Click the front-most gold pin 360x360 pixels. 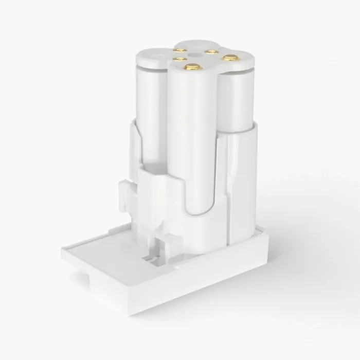point(192,66)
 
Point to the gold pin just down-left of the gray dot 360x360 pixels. point(181,59)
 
